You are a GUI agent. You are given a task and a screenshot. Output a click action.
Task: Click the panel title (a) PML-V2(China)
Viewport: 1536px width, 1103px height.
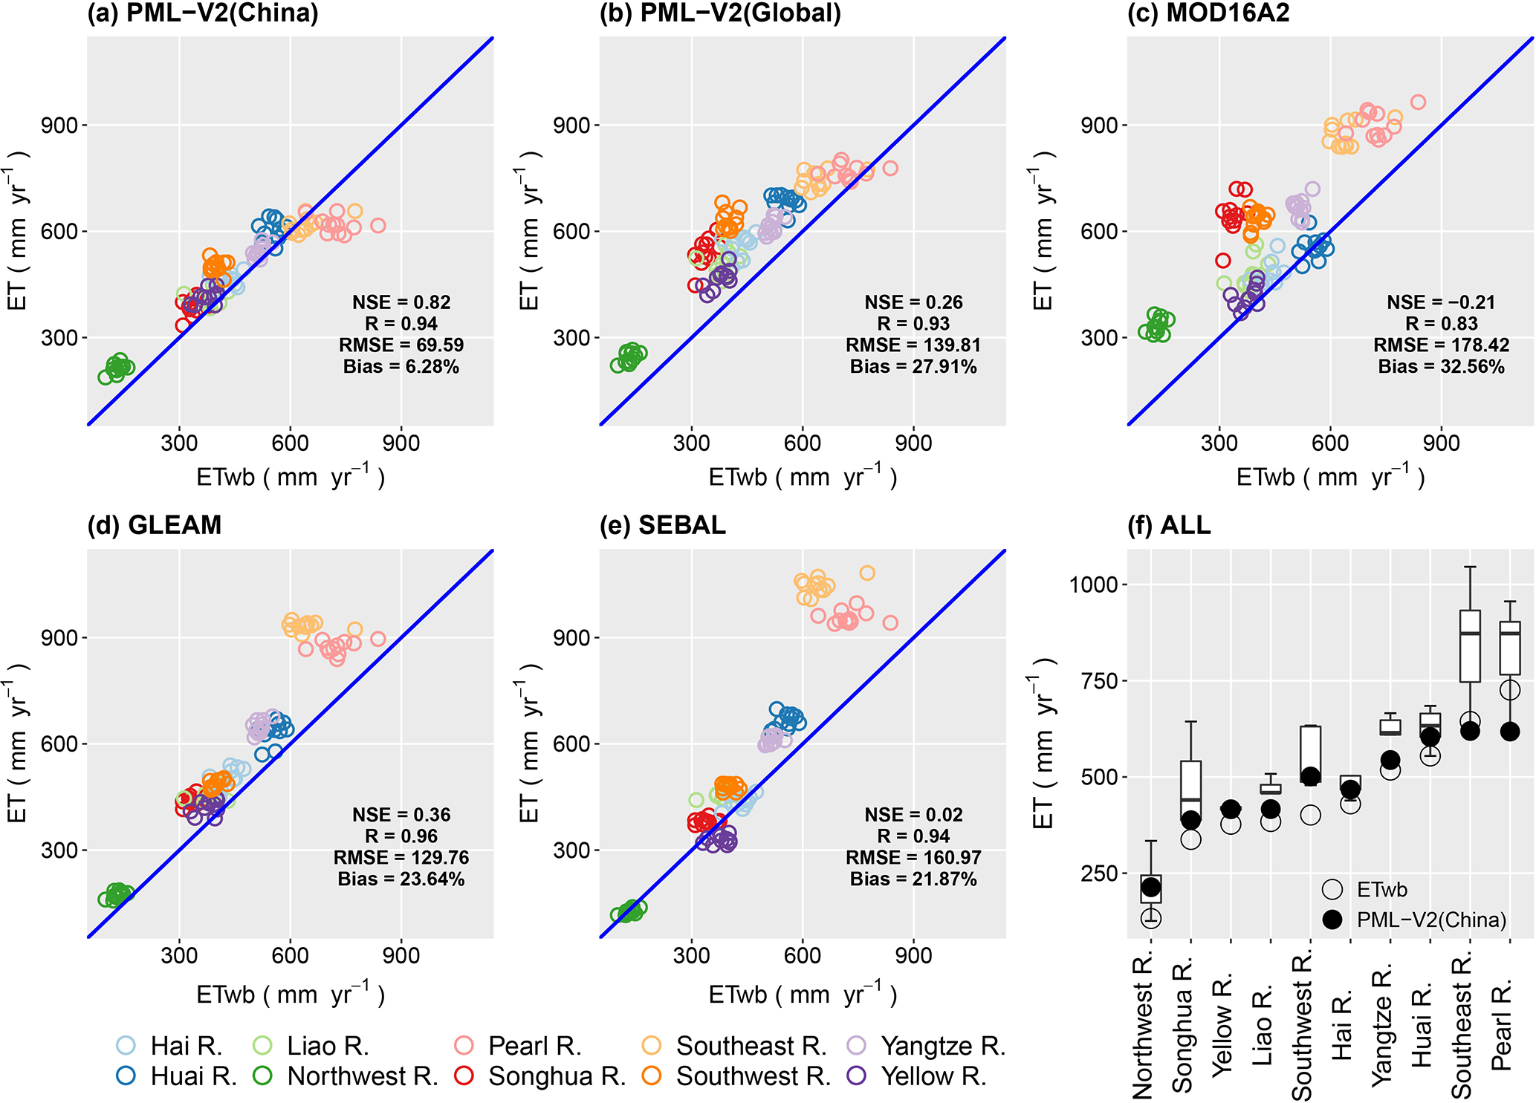(202, 13)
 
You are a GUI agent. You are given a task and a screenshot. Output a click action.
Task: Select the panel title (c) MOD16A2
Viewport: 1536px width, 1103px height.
(1208, 13)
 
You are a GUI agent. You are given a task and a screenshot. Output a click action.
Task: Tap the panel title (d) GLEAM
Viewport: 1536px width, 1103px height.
(154, 525)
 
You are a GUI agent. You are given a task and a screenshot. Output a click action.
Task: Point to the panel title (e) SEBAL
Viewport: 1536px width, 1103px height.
(662, 525)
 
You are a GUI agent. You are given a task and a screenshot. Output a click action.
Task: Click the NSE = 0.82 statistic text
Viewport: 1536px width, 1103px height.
(401, 302)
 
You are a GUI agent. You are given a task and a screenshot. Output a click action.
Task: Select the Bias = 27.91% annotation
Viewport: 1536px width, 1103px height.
(913, 366)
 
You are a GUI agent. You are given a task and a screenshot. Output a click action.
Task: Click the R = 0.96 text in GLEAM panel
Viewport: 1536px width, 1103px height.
(401, 836)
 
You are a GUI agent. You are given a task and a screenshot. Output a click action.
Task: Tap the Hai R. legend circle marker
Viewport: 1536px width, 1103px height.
(126, 1046)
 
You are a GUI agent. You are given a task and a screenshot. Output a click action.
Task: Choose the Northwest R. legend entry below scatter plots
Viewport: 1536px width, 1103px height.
(349, 1076)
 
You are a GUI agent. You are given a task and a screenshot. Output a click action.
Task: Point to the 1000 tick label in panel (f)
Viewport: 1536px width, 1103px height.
(1093, 585)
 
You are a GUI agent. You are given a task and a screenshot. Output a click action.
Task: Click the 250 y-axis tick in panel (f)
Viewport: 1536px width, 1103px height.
(1100, 873)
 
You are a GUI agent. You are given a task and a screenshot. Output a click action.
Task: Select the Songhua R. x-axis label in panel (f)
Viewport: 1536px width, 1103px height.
(1182, 1025)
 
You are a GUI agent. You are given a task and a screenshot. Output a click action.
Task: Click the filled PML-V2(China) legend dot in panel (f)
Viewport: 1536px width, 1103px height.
(1332, 920)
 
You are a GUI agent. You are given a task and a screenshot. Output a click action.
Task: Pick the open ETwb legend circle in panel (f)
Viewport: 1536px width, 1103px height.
(1332, 889)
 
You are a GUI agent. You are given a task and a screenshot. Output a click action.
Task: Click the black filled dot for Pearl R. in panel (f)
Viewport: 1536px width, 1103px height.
(1510, 732)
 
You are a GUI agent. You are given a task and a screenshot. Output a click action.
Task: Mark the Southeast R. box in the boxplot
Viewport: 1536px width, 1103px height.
(1470, 646)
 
